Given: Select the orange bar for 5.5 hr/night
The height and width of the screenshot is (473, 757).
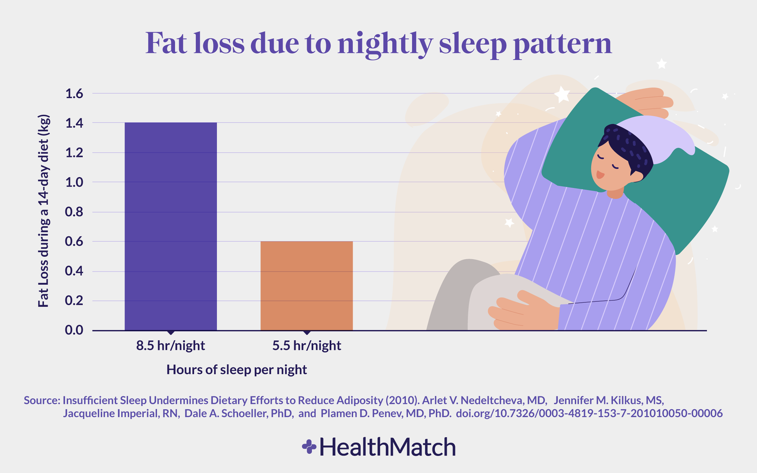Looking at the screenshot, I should coord(307,286).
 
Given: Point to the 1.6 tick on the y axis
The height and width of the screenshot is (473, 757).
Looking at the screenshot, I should coord(74,94).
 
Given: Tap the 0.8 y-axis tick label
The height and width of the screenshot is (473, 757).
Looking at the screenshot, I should coord(74,212).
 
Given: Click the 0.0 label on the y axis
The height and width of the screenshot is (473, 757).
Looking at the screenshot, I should coord(74,330).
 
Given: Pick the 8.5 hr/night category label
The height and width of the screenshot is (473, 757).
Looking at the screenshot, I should coord(171,346).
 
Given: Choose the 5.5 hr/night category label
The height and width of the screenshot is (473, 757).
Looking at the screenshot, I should coord(307,346).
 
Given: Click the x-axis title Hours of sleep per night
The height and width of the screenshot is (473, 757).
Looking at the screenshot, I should coord(237,370).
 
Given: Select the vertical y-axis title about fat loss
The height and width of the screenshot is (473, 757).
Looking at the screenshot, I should coord(44,210).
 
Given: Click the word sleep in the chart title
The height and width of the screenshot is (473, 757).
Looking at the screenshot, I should coord(473,44).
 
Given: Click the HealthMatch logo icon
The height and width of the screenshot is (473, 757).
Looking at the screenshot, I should coord(309,447).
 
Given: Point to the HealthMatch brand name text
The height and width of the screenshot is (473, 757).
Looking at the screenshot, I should coord(387,447).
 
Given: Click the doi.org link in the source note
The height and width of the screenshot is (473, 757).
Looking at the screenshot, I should coord(589,413).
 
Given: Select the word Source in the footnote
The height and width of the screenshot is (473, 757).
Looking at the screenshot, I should coord(41,400).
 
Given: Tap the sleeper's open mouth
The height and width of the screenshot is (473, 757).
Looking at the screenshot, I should coord(599,175).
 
